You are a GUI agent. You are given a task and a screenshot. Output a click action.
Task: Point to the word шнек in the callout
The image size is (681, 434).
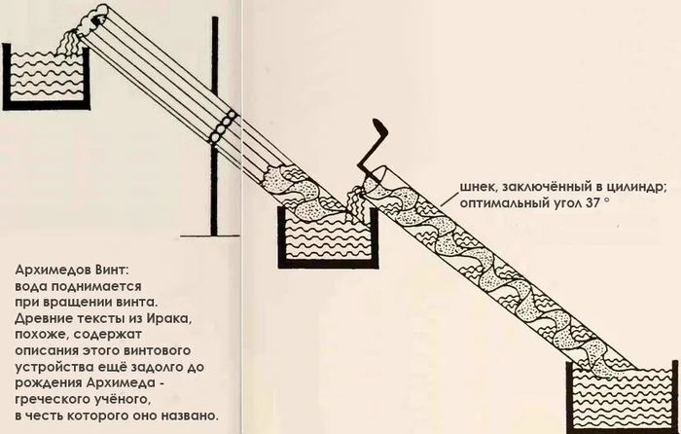(479, 189)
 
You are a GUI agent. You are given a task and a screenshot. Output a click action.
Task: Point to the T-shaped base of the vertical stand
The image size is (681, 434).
(211, 233)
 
